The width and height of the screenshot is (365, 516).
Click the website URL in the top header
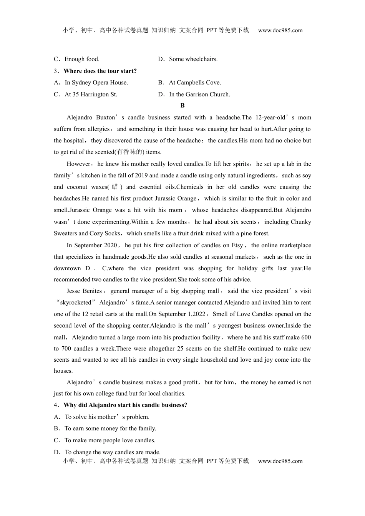click(280, 30)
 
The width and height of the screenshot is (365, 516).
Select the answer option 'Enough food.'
click(82, 59)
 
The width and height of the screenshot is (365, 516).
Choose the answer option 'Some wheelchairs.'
click(193, 59)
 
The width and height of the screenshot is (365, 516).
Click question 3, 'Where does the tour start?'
click(100, 71)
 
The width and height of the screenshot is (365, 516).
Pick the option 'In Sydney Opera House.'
click(96, 83)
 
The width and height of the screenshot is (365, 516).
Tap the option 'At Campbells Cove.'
click(195, 83)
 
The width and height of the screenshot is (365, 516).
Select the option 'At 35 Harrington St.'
click(91, 94)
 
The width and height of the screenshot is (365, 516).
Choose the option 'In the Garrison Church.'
click(199, 94)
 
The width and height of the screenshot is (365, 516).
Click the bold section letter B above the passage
click(182, 106)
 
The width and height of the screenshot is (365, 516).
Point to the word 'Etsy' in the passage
click(237, 245)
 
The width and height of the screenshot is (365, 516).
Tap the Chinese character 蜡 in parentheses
click(115, 187)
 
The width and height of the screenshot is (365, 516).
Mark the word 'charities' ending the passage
click(173, 394)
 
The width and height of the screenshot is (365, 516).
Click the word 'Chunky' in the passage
click(301, 222)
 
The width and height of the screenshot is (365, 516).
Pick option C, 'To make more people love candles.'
click(110, 440)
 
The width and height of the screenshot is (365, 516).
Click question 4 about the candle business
click(125, 405)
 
